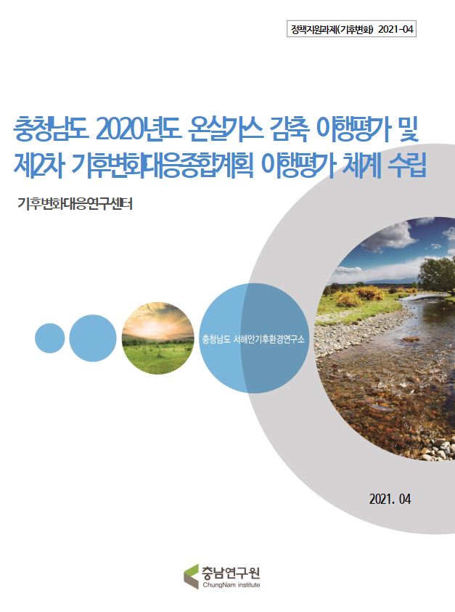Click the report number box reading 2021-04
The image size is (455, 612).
[x=351, y=30]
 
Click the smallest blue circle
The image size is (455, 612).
[x=50, y=338]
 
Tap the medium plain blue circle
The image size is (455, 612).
[x=93, y=338]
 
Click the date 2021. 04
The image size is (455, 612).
[x=390, y=499]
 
